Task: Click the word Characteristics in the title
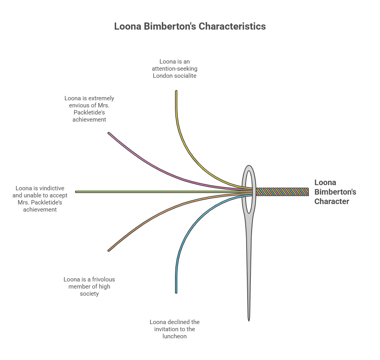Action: point(232,26)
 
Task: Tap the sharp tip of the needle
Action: point(249,318)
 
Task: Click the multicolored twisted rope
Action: point(282,192)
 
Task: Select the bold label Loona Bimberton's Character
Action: point(335,192)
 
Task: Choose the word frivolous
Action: point(102,279)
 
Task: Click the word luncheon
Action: point(174,336)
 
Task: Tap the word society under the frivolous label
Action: point(89,294)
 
